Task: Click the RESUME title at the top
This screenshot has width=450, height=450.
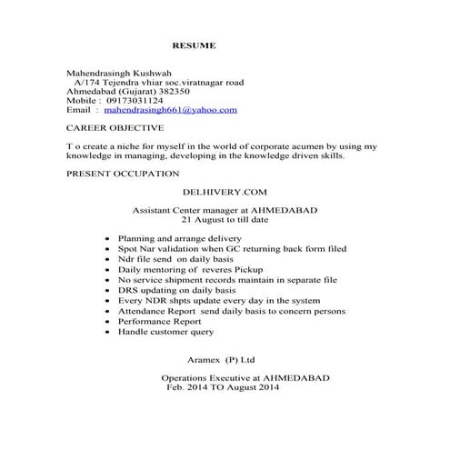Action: [x=194, y=45]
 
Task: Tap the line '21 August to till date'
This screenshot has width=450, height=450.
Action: [x=225, y=219]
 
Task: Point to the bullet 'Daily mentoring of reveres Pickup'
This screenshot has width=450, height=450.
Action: [x=186, y=270]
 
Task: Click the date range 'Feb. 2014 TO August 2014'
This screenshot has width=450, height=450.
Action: [x=224, y=387]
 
